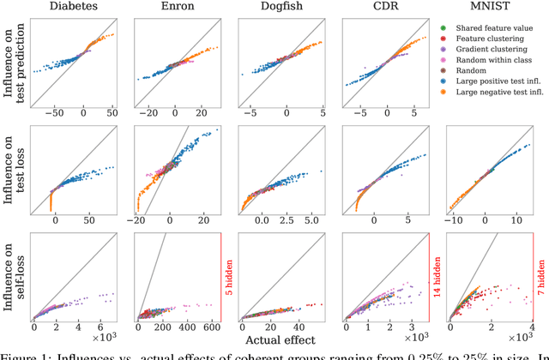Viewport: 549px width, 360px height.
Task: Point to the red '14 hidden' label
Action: click(x=437, y=278)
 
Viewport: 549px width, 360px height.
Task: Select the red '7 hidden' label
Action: click(x=540, y=278)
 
